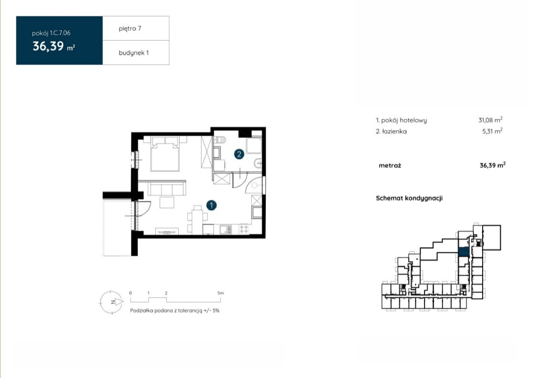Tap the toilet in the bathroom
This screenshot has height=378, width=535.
(x=220, y=139)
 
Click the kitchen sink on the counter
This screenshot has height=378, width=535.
(x=225, y=229)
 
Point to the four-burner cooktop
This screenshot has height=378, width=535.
(x=244, y=229)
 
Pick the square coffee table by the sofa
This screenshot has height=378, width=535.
(x=167, y=202)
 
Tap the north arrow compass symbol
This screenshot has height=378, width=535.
(x=112, y=302)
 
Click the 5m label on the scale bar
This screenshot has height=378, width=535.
(x=220, y=293)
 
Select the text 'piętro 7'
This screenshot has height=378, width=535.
(x=130, y=28)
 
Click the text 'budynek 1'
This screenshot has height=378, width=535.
(x=133, y=53)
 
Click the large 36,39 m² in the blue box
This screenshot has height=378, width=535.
(x=54, y=46)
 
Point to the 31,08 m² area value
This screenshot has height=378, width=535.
(x=490, y=120)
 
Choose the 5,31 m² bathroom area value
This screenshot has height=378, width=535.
(x=492, y=131)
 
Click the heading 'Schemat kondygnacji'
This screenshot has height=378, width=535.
(x=409, y=198)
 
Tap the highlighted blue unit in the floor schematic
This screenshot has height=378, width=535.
(x=464, y=252)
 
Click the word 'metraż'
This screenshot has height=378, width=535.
(x=390, y=165)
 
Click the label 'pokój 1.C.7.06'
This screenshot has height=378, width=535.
(x=51, y=33)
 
